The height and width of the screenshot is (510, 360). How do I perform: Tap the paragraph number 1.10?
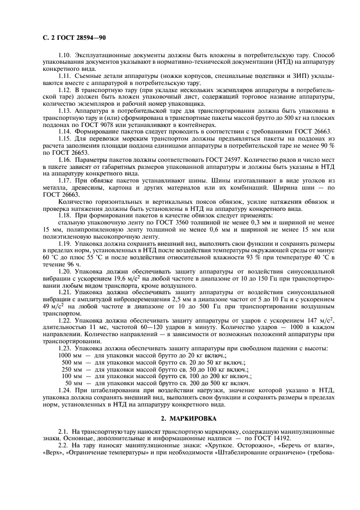65,56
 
